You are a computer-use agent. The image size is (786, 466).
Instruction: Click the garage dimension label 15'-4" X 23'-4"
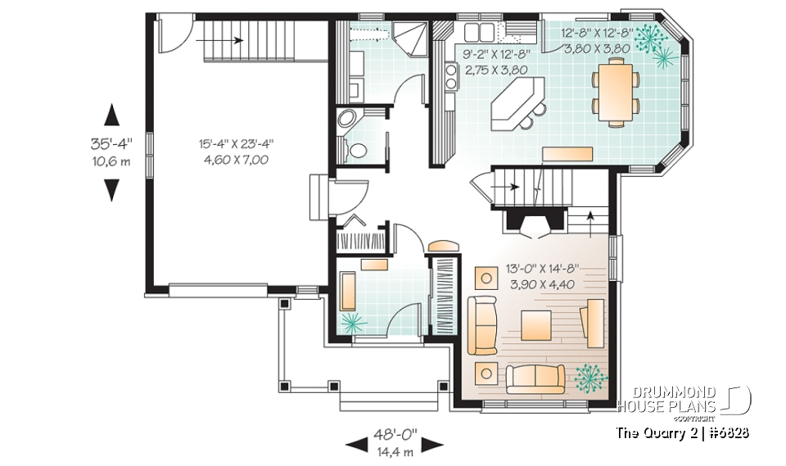[236, 144]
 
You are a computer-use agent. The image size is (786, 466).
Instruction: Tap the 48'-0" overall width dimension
[395, 434]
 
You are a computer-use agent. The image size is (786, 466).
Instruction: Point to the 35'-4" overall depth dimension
[111, 144]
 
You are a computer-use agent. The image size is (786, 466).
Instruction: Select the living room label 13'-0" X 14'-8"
[542, 269]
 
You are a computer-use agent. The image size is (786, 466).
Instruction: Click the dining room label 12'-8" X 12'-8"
[595, 34]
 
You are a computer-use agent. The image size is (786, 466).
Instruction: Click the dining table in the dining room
[616, 92]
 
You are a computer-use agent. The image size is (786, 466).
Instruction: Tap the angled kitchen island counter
[517, 103]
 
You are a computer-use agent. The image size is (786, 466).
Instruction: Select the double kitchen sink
[479, 33]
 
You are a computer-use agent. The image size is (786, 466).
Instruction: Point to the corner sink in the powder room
[346, 120]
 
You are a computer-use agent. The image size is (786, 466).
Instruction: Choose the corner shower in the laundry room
[409, 38]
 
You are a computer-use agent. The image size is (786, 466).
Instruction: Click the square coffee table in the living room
[535, 326]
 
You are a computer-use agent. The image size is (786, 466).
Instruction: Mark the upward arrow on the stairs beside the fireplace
[590, 224]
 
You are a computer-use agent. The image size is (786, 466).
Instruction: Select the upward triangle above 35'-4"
[112, 115]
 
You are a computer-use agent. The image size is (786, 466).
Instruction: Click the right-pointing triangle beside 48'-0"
[432, 444]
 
